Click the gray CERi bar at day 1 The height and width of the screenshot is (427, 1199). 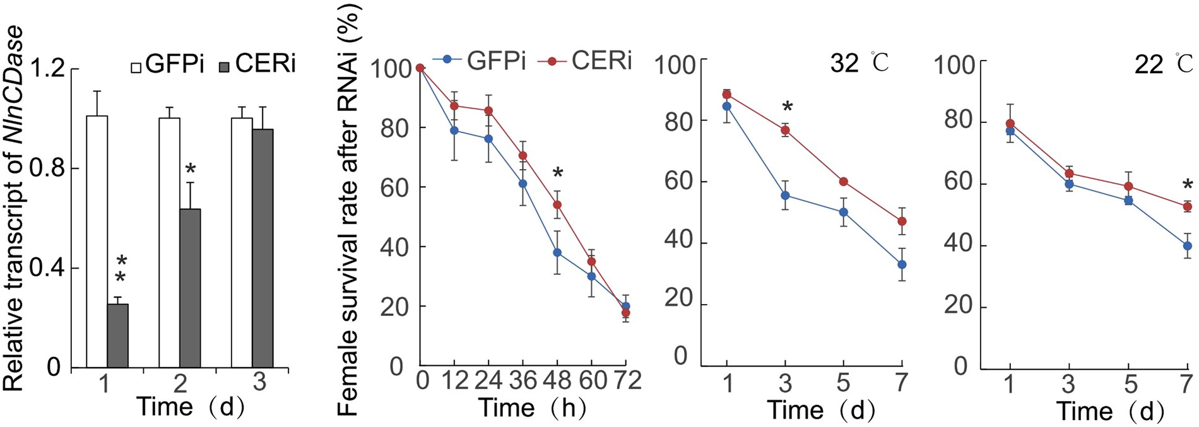(x=117, y=336)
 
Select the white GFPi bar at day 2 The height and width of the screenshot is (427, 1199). (x=169, y=242)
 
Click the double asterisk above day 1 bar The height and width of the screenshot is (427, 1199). (x=120, y=269)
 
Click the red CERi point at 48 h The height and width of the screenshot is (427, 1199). (x=557, y=204)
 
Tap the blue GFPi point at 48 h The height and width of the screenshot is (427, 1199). (x=557, y=252)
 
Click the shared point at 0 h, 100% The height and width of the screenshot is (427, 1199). (x=420, y=68)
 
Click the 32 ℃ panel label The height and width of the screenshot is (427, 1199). (x=859, y=63)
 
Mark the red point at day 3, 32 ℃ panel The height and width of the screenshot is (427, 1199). (x=786, y=131)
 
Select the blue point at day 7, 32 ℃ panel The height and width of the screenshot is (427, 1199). (x=902, y=264)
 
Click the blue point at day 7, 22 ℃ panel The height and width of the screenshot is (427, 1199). (x=1187, y=246)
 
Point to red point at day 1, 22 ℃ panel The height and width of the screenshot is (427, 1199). (x=1010, y=124)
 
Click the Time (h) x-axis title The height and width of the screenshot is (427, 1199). (x=531, y=408)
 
